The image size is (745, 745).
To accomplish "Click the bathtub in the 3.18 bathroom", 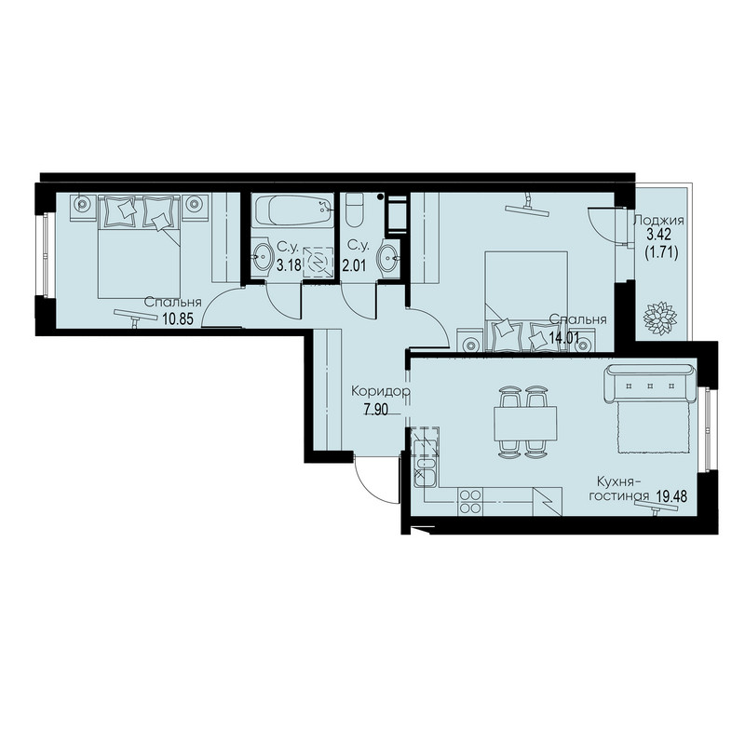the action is click(x=293, y=210).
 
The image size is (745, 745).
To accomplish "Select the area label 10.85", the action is click(x=178, y=318).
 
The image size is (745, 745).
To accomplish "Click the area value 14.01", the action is click(x=564, y=338).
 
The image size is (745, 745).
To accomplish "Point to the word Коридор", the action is click(x=381, y=391).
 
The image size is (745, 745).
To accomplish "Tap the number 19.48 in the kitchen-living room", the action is click(x=671, y=496).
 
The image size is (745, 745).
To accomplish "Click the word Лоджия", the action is click(x=659, y=221).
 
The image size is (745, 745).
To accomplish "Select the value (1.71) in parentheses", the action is click(x=661, y=252).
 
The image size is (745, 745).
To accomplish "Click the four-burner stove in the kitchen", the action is click(x=470, y=501).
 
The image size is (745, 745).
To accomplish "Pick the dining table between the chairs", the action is click(x=525, y=424).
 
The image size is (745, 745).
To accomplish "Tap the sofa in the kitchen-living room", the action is click(x=650, y=383).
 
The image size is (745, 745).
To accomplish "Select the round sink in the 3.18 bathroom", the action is click(x=262, y=258).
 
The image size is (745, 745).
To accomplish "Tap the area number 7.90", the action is click(x=375, y=410).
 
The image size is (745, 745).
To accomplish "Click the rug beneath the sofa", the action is click(x=654, y=427).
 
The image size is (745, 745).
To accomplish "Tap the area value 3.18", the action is click(x=289, y=265).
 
